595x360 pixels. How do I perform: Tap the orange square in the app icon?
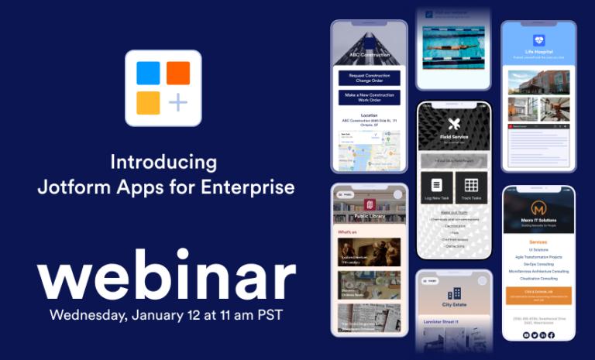[x=178, y=73]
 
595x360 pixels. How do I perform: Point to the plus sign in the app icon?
[x=178, y=103]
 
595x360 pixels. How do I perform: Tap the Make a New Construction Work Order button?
[x=370, y=98]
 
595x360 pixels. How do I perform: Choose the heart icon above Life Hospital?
[x=539, y=39]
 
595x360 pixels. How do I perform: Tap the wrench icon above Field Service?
[x=454, y=124]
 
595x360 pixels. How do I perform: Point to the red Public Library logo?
[x=370, y=204]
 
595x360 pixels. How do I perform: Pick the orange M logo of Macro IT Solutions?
[x=538, y=209]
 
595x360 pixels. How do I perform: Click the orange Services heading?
[x=538, y=242]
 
